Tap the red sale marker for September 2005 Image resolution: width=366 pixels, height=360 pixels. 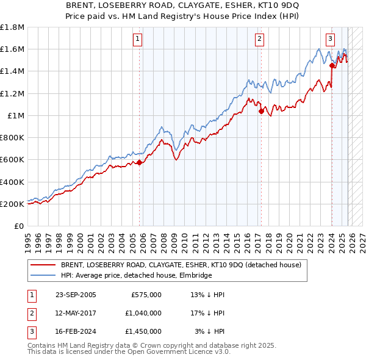pos(140,162)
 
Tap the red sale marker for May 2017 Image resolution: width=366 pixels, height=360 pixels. pos(261,111)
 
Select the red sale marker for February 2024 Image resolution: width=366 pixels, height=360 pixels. pos(332,65)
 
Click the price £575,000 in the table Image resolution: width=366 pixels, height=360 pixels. pos(146,294)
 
